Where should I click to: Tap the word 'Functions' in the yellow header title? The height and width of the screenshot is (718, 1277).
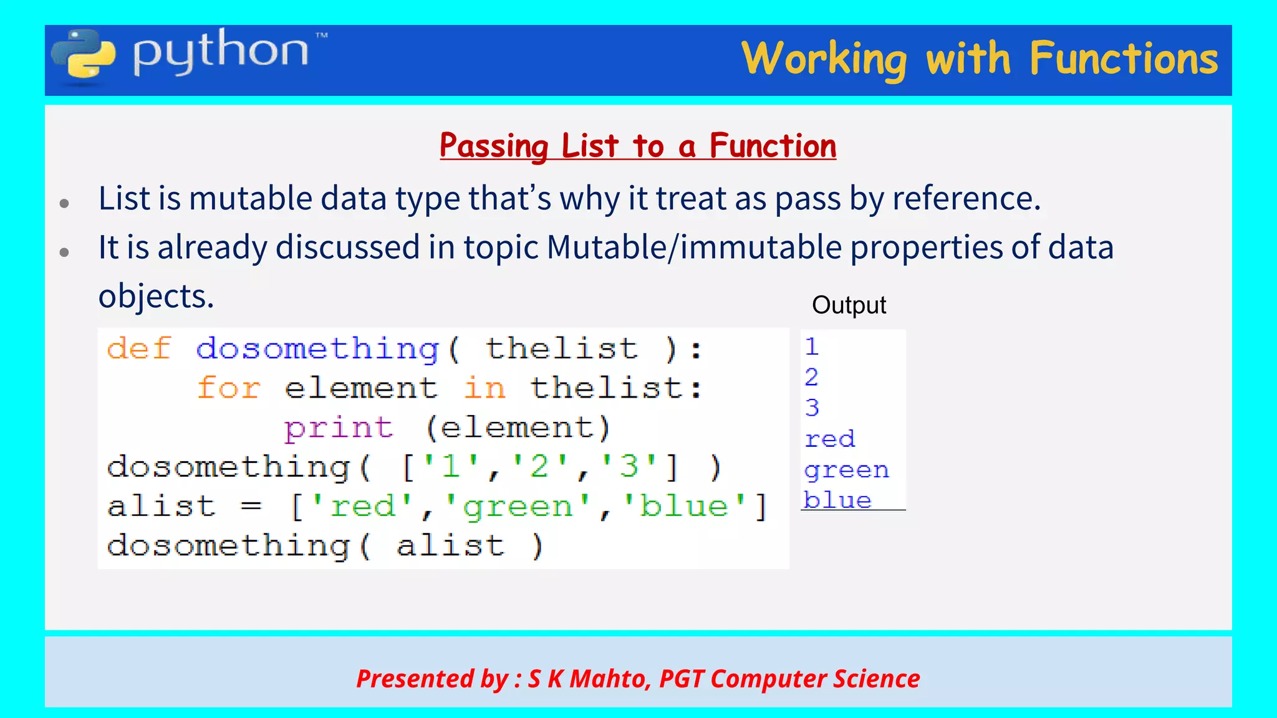[1124, 59]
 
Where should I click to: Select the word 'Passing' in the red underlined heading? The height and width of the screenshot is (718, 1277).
[493, 146]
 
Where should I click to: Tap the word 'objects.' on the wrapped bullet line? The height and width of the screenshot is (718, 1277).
[156, 297]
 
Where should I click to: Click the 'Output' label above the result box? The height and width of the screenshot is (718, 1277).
[849, 305]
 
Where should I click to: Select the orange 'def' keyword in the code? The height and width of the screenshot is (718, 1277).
[138, 348]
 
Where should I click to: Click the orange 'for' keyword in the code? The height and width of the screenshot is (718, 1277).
[228, 388]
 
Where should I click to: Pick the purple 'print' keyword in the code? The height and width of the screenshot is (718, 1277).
[339, 428]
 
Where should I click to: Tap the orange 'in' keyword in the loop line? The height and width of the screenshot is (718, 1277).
[484, 388]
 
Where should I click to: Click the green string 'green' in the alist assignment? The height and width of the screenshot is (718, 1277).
[518, 506]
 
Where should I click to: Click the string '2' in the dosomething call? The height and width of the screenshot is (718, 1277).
[539, 467]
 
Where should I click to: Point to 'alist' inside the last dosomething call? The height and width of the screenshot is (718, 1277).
[450, 546]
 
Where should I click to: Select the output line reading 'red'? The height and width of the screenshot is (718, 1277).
[829, 439]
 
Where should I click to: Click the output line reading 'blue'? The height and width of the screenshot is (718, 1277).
[837, 500]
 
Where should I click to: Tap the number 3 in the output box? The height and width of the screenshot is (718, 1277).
[811, 408]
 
